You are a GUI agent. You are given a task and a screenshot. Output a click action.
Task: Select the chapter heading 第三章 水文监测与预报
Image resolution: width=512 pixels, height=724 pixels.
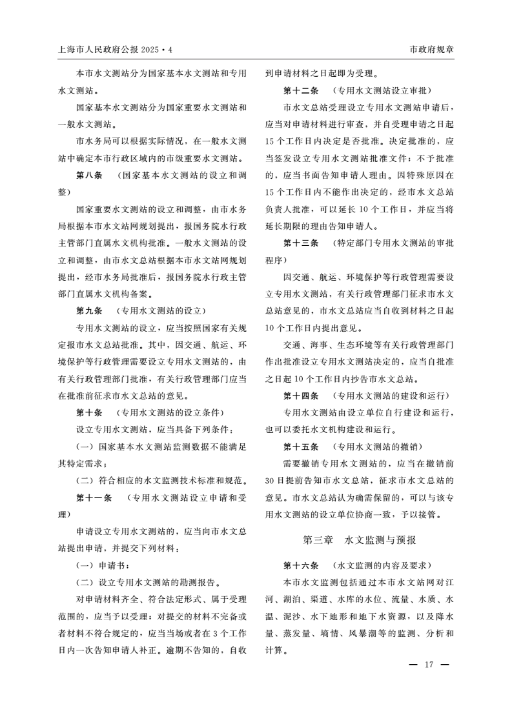click(x=360, y=539)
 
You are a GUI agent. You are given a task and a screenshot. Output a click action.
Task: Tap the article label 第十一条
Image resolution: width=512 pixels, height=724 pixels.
click(x=94, y=497)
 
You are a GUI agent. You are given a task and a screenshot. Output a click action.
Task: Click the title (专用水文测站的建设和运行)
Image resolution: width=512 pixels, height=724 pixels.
click(x=391, y=396)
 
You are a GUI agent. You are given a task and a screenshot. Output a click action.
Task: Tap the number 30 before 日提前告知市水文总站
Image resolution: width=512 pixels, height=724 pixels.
click(x=271, y=480)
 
